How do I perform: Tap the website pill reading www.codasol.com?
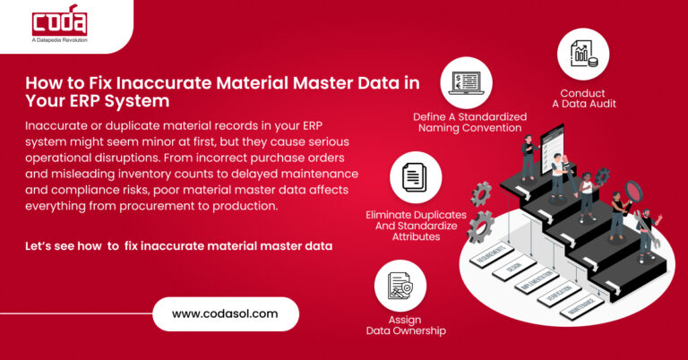click(x=224, y=314)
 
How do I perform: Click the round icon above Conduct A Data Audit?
click(x=583, y=54)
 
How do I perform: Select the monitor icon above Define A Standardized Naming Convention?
click(x=466, y=82)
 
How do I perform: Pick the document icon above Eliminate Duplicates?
click(x=416, y=177)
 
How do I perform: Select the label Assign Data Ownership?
click(x=406, y=324)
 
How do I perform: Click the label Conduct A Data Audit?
click(x=583, y=99)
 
